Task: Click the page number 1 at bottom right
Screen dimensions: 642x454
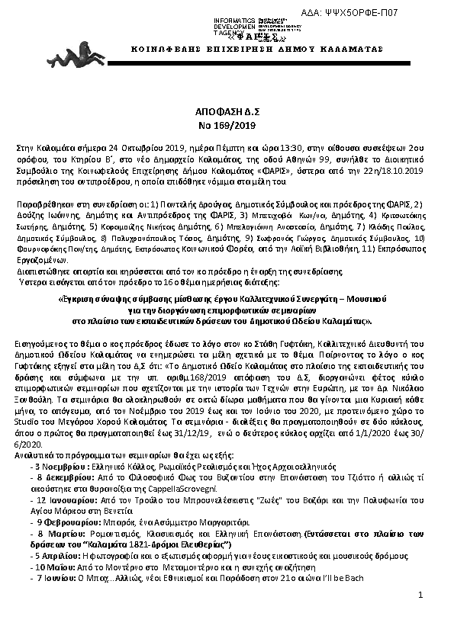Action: (x=420, y=615)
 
